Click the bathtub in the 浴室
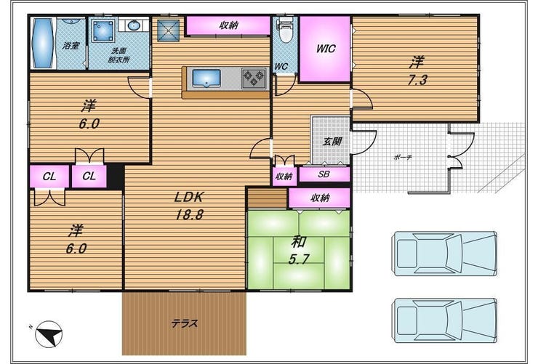[x=43, y=43]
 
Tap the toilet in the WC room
[x=284, y=31]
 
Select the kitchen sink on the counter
[x=206, y=78]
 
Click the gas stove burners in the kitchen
[x=254, y=78]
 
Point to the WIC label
[x=326, y=49]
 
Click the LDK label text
[x=189, y=197]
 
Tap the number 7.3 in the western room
[x=417, y=80]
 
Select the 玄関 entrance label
[x=332, y=141]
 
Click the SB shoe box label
[x=324, y=174]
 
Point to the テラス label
[x=184, y=323]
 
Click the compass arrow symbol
[x=49, y=333]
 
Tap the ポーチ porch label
[x=403, y=158]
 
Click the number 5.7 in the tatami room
[x=299, y=259]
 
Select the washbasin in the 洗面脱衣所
[x=133, y=25]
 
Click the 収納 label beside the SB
[x=284, y=176]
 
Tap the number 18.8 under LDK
[x=190, y=214]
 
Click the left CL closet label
[x=49, y=177]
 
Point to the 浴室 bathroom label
[x=71, y=45]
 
